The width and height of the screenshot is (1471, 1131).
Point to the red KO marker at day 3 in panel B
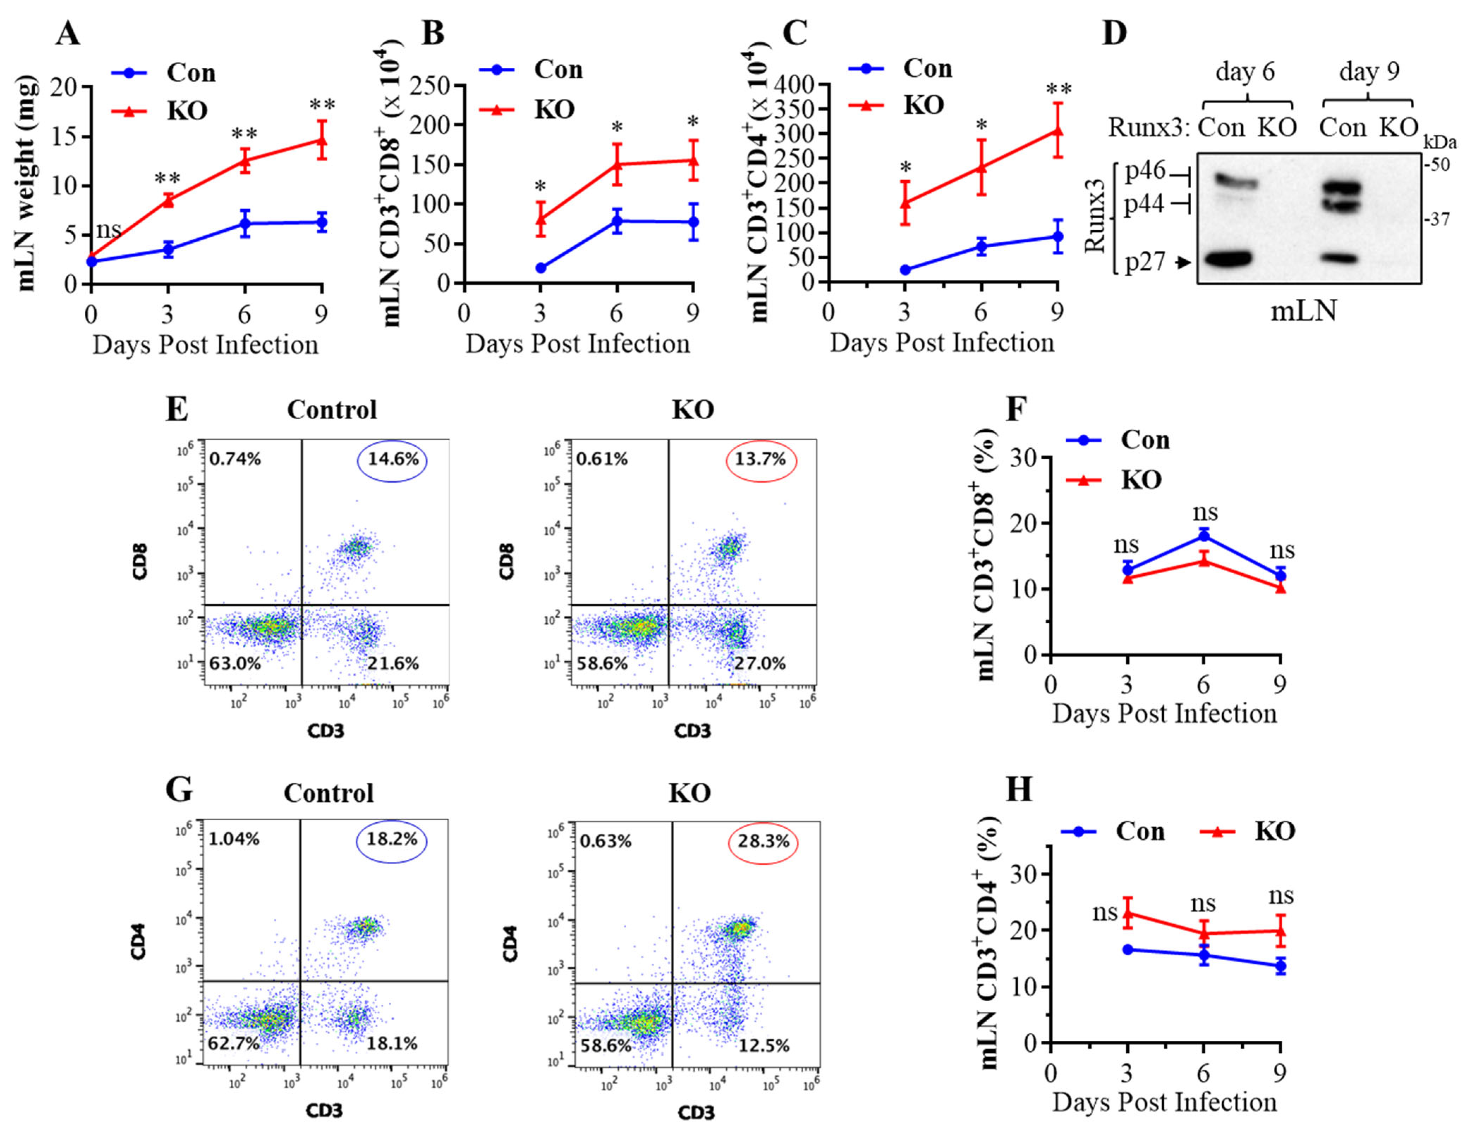tap(540, 218)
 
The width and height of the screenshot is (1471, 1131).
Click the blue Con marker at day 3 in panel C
tap(905, 270)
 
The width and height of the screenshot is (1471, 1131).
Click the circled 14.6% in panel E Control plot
tap(393, 460)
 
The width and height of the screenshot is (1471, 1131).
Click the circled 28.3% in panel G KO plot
tap(763, 841)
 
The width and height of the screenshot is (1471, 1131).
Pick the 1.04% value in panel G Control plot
tap(234, 840)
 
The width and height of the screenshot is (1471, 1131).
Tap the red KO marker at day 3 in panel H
tap(1127, 914)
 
